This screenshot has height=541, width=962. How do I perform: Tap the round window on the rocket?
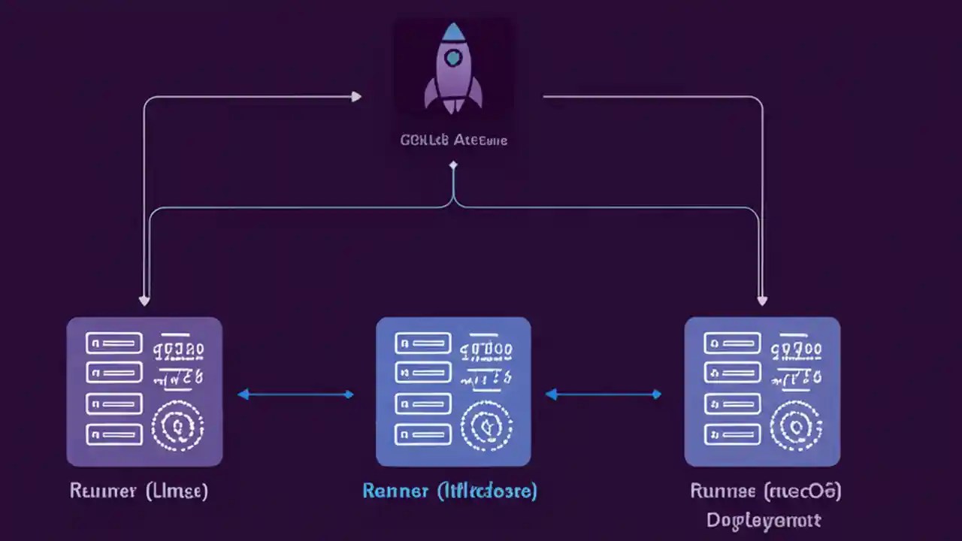[453, 58]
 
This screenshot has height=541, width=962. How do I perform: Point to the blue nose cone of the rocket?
[453, 32]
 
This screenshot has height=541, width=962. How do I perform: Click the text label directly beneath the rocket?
[453, 140]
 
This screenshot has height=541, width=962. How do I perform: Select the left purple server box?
[144, 391]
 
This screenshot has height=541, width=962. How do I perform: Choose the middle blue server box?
[453, 391]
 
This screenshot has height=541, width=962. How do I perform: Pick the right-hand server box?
[762, 391]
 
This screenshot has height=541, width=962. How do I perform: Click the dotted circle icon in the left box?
[177, 427]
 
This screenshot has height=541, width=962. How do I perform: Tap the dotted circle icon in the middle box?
[486, 427]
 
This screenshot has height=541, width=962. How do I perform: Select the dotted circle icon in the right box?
[795, 427]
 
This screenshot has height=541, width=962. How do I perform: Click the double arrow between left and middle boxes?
[295, 394]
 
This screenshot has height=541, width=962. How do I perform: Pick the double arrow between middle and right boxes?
[604, 394]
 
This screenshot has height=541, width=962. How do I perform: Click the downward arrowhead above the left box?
[144, 301]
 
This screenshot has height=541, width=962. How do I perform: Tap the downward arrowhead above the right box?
[762, 301]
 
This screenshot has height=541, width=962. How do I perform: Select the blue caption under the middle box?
[449, 491]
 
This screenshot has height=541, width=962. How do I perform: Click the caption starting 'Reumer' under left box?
[138, 491]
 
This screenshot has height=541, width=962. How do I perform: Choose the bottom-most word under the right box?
[764, 520]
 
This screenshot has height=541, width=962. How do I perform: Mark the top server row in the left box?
[114, 343]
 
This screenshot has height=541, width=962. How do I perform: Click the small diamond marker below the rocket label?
[452, 163]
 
